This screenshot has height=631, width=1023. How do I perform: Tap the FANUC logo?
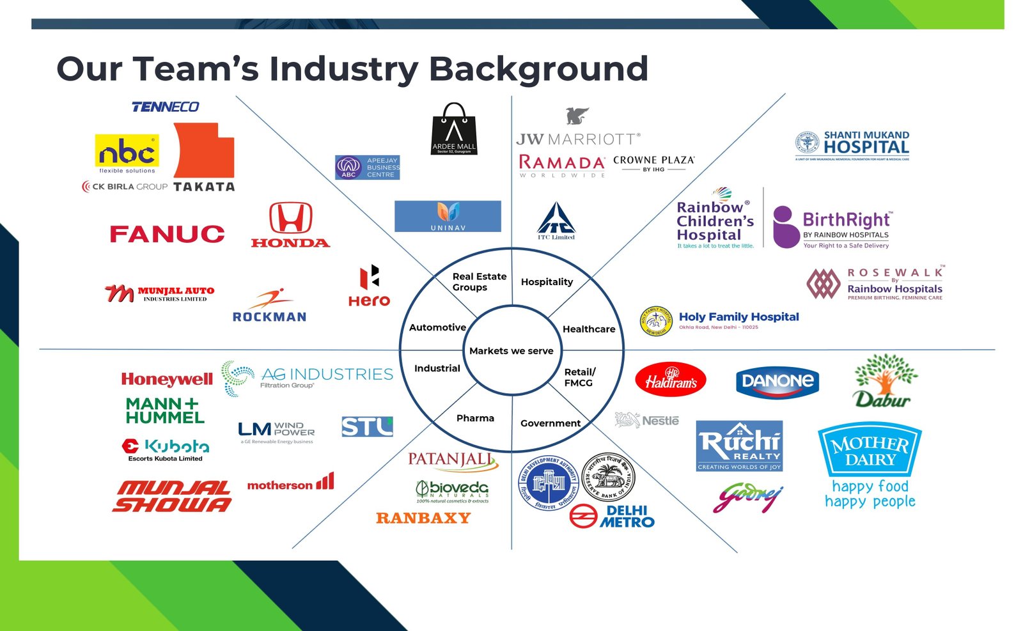[167, 234]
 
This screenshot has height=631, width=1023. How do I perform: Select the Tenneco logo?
[165, 107]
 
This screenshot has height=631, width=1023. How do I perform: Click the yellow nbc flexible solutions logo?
[127, 153]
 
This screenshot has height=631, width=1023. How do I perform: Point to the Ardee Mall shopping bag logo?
[454, 129]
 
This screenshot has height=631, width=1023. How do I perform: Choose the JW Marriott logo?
[577, 138]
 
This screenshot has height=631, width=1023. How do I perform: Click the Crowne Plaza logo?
[653, 163]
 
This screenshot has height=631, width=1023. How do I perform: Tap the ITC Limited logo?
[556, 221]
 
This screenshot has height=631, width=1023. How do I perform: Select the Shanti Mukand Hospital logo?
[852, 146]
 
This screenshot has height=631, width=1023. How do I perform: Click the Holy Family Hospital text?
[738, 317]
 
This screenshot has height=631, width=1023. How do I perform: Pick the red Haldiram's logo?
[670, 380]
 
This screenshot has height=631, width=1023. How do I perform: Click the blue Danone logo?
[777, 382]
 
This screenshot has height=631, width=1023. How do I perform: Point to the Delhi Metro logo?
[612, 516]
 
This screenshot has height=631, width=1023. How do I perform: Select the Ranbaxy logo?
[423, 518]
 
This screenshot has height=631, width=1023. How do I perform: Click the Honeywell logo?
[167, 379]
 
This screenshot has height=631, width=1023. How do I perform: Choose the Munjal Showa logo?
[173, 497]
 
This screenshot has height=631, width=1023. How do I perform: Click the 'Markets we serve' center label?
[511, 351]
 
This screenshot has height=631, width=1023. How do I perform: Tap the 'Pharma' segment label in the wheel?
[475, 418]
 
